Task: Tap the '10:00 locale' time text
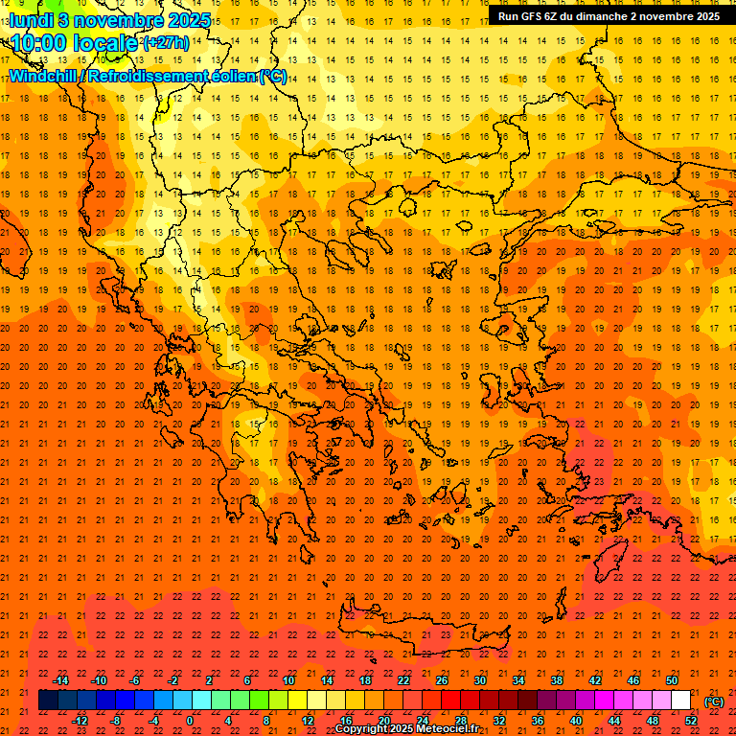click(75, 43)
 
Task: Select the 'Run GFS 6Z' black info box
click(609, 16)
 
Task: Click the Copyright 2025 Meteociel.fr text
click(406, 729)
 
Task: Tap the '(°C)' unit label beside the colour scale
click(713, 701)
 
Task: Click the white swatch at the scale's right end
click(680, 701)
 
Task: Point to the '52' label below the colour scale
click(691, 721)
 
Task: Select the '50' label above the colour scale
click(672, 680)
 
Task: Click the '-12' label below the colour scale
click(80, 721)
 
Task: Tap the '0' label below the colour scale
click(190, 721)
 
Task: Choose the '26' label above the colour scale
click(442, 680)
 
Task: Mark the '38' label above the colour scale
click(557, 680)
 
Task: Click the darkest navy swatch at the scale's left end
click(48, 701)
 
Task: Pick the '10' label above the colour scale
click(288, 680)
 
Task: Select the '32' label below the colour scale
click(499, 721)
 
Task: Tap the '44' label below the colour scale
click(614, 721)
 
